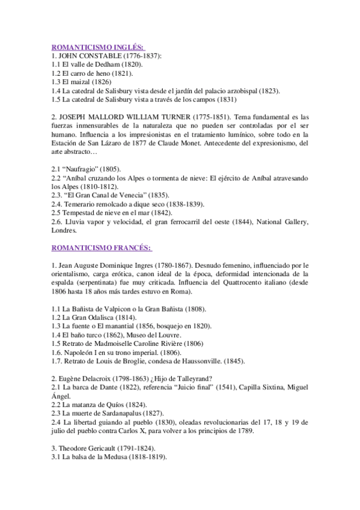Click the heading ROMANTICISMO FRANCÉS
coord(101,248)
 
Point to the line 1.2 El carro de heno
coord(92,73)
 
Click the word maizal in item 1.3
coord(82,82)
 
